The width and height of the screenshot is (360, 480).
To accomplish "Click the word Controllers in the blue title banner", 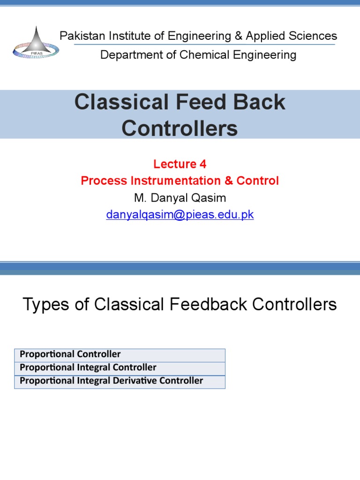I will pos(180,128).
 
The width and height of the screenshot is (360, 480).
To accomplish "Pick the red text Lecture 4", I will pos(180,164).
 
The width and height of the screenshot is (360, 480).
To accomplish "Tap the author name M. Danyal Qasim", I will pos(180,198).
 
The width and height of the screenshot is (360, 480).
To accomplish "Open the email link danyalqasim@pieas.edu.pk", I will pos(180,215).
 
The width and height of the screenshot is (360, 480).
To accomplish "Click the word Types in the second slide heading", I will pos(44,305).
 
